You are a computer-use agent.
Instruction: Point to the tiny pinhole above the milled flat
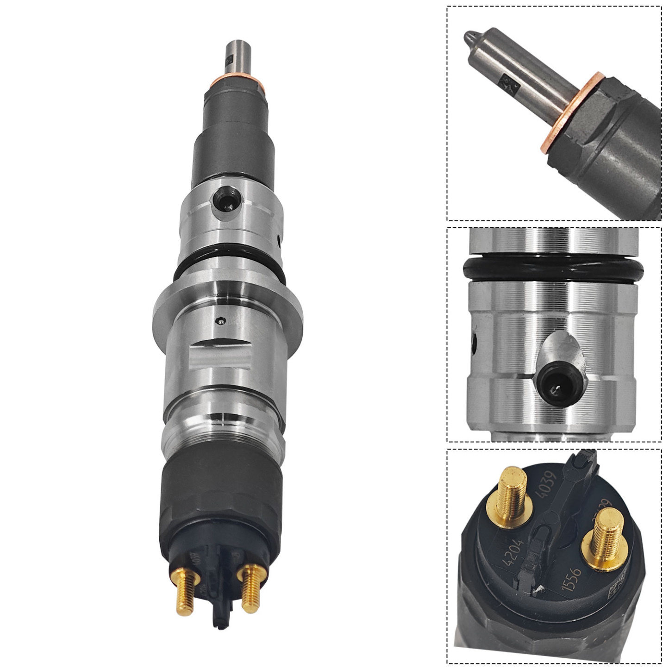coord(221,319)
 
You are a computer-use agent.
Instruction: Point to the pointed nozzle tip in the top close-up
coord(470,36)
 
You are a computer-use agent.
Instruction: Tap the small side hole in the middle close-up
coord(474,343)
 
